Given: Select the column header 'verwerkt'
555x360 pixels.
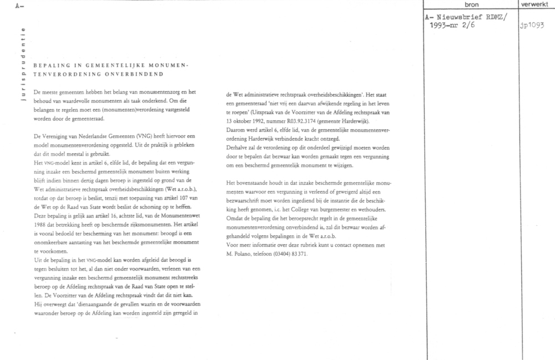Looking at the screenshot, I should click(x=536, y=4).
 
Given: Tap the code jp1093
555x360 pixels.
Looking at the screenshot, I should click(x=532, y=25).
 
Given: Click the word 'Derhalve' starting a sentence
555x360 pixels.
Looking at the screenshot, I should click(x=239, y=148).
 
